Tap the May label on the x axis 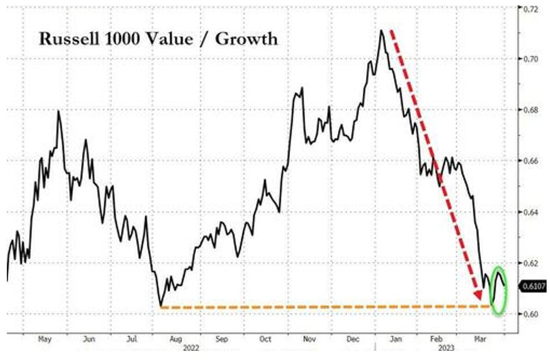(x=45, y=339)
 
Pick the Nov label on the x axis (x=310, y=339)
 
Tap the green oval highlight (x=499, y=290)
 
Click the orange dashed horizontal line (x=320, y=307)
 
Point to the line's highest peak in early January (x=380, y=30)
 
